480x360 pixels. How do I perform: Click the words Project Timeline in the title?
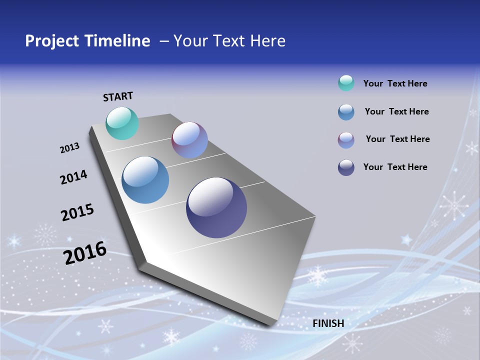(x=87, y=41)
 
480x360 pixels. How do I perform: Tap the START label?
(x=118, y=96)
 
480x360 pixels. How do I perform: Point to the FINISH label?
(x=328, y=323)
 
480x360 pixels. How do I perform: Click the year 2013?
(x=69, y=148)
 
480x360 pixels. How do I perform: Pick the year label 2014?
(x=73, y=177)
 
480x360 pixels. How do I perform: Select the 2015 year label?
(x=77, y=212)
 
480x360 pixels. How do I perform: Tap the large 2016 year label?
(x=85, y=252)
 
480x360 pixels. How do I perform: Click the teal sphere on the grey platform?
(x=122, y=123)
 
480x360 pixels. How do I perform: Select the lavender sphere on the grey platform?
(x=189, y=140)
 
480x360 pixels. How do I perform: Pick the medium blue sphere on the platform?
(x=145, y=180)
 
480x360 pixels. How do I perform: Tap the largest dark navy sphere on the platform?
(x=216, y=207)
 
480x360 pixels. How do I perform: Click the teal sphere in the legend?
(x=346, y=83)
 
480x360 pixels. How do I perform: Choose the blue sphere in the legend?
(x=346, y=112)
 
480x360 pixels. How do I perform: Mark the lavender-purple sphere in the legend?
(x=346, y=140)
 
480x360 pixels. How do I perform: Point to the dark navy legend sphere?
(x=346, y=167)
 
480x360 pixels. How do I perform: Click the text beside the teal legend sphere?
(x=395, y=83)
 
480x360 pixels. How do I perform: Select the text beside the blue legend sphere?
(x=396, y=111)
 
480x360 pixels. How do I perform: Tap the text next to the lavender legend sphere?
(x=397, y=139)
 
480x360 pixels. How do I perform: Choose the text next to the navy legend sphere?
(x=395, y=167)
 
